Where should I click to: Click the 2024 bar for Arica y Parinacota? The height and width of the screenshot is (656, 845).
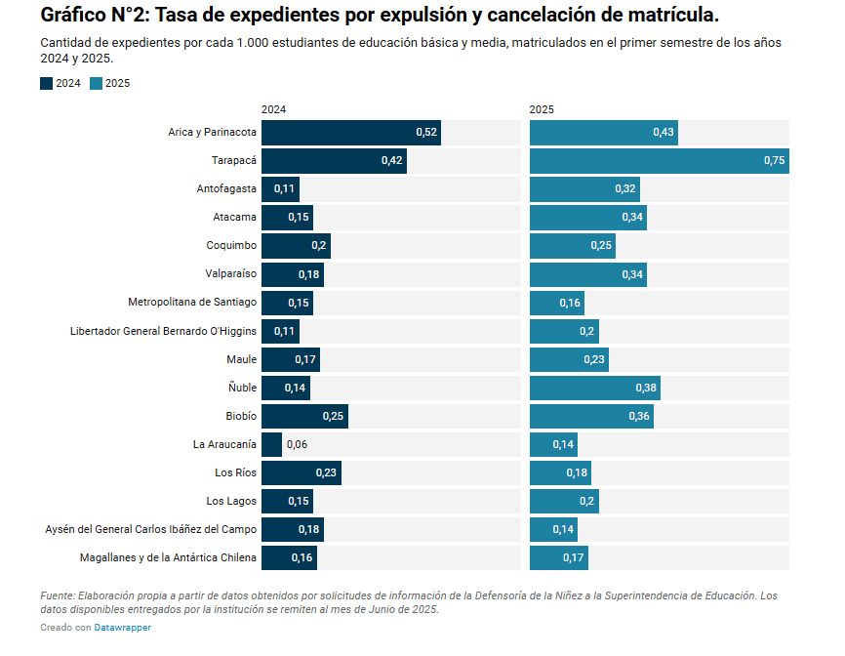point(350,132)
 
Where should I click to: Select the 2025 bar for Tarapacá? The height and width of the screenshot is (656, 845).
point(659,160)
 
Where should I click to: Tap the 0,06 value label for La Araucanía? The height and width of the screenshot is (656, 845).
point(297,444)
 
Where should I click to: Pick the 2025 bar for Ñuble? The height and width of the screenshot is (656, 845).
point(594,388)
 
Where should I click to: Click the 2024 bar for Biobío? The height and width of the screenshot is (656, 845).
point(303,416)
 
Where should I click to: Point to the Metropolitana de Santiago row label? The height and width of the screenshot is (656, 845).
point(192,302)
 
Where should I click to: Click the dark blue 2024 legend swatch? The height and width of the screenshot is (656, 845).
point(47,83)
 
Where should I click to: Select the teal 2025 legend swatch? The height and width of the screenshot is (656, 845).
point(96,83)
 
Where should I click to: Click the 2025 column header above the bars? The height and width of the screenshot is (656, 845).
point(542,109)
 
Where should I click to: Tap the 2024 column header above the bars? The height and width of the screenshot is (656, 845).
point(273,109)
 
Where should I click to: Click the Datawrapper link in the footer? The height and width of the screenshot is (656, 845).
point(122,628)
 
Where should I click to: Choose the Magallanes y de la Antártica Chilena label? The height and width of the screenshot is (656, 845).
point(168,557)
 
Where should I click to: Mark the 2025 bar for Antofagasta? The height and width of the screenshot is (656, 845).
point(584,188)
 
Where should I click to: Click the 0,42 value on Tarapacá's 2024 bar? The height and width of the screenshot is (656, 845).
point(392,160)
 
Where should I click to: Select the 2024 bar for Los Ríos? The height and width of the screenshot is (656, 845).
point(301,472)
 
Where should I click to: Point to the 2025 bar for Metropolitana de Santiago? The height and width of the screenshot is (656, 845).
point(556,303)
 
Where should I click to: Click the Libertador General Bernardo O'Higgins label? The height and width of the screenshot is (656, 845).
point(163,331)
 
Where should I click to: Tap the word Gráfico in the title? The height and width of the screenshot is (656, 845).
point(75,15)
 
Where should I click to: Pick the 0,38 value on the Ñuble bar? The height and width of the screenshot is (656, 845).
point(646,389)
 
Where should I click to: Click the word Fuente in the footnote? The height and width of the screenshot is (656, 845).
point(57,594)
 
